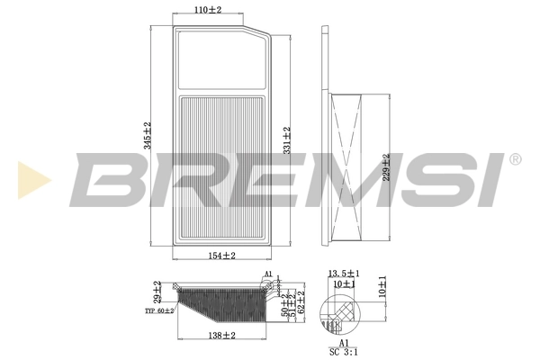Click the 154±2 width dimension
tap(221, 256)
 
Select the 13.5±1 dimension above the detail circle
tap(345, 273)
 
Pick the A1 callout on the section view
tap(267, 274)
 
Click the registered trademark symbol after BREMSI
tap(515, 159)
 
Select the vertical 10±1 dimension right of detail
tap(382, 285)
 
